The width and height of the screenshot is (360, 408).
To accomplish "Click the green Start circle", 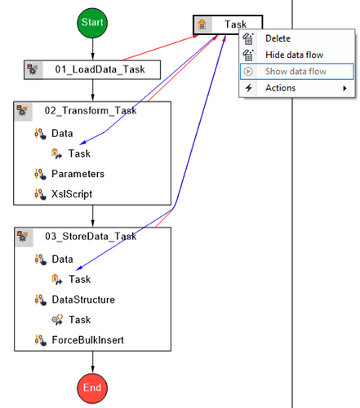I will click(x=92, y=24).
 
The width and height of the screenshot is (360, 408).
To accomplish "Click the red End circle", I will click(x=92, y=387).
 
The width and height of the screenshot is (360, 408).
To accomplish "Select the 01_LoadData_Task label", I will click(x=100, y=69).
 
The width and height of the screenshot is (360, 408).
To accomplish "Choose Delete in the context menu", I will click(x=278, y=38).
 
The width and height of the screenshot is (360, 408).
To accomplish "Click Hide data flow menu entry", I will click(x=293, y=55).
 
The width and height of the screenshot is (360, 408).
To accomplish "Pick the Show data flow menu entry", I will click(x=295, y=71).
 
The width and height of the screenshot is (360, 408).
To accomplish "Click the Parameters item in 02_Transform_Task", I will click(x=78, y=174).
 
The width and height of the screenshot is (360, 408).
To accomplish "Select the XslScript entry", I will click(x=71, y=194).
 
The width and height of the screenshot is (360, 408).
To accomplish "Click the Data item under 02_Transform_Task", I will click(x=62, y=133).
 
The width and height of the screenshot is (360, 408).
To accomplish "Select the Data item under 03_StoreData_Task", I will click(x=62, y=259).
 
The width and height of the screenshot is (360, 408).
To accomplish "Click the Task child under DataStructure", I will click(x=79, y=320).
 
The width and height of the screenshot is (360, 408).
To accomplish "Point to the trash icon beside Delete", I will click(x=248, y=38).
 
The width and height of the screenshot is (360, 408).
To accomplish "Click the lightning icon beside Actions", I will click(x=248, y=88).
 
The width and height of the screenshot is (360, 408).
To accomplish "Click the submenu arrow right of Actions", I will click(x=344, y=88).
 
